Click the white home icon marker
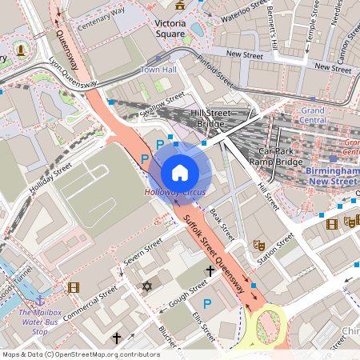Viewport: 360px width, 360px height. coord(180,172)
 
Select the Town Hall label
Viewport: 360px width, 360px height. coord(158,70)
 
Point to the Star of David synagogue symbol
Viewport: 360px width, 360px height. coord(146,286)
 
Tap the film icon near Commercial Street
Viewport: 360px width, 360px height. coord(74,287)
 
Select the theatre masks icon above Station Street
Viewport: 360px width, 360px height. coord(258,245)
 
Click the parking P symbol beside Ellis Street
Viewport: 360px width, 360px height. coord(207,303)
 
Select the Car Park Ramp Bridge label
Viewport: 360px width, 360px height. coord(277,156)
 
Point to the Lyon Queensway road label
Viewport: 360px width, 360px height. coord(73,71)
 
